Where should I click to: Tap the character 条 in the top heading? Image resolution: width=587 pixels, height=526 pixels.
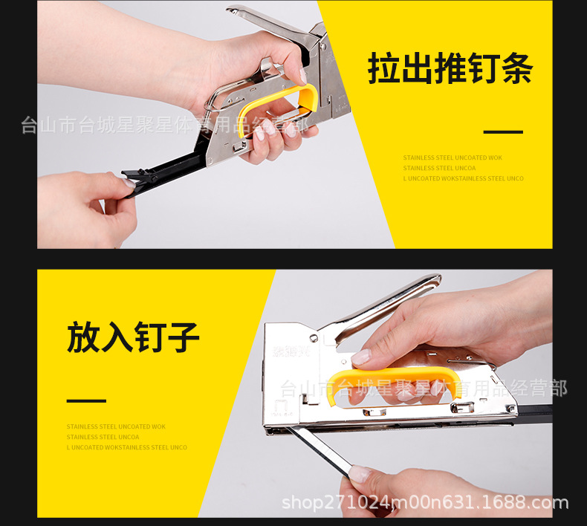pyautogui.click(x=517, y=69)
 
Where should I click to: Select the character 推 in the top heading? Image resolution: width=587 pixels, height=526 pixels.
pyautogui.click(x=451, y=69)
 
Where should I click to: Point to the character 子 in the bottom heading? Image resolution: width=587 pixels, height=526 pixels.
pyautogui.click(x=183, y=337)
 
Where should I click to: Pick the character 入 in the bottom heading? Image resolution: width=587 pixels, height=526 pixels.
pyautogui.click(x=117, y=337)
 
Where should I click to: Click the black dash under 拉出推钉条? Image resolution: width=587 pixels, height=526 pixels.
pyautogui.click(x=503, y=132)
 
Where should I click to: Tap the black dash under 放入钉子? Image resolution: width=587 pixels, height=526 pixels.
pyautogui.click(x=86, y=400)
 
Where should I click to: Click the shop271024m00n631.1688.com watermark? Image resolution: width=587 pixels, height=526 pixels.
pyautogui.click(x=425, y=503)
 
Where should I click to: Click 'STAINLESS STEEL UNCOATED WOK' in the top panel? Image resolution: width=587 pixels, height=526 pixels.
pyautogui.click(x=453, y=158)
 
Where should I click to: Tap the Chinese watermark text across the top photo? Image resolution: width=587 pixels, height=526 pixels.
pyautogui.click(x=163, y=124)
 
